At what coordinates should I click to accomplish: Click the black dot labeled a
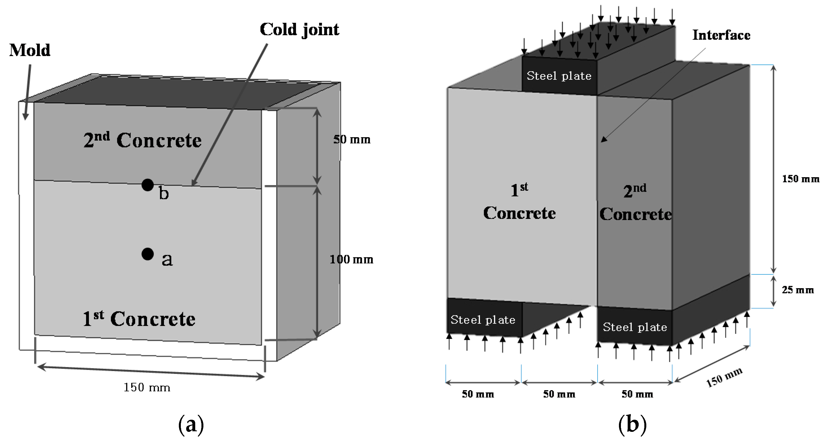click(148, 254)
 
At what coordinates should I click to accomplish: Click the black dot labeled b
click(148, 185)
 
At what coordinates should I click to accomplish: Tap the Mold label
click(30, 50)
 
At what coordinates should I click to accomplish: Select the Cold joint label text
click(299, 30)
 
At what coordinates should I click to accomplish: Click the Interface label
click(721, 35)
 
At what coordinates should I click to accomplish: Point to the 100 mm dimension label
click(352, 259)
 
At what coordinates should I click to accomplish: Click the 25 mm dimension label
click(798, 290)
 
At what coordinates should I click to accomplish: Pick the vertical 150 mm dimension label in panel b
click(800, 179)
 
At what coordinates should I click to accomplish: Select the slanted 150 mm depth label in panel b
click(724, 377)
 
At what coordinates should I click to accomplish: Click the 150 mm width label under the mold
click(147, 388)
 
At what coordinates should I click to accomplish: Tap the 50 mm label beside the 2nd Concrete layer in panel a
click(352, 139)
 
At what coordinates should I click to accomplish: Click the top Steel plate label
click(559, 76)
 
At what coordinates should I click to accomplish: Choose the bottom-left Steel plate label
click(483, 320)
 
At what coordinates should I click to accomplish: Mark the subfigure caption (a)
click(191, 425)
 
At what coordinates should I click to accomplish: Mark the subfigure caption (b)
click(632, 425)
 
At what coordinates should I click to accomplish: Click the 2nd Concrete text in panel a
click(143, 140)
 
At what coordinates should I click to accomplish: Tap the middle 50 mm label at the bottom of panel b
click(559, 394)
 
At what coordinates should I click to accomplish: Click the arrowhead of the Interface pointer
click(603, 140)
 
